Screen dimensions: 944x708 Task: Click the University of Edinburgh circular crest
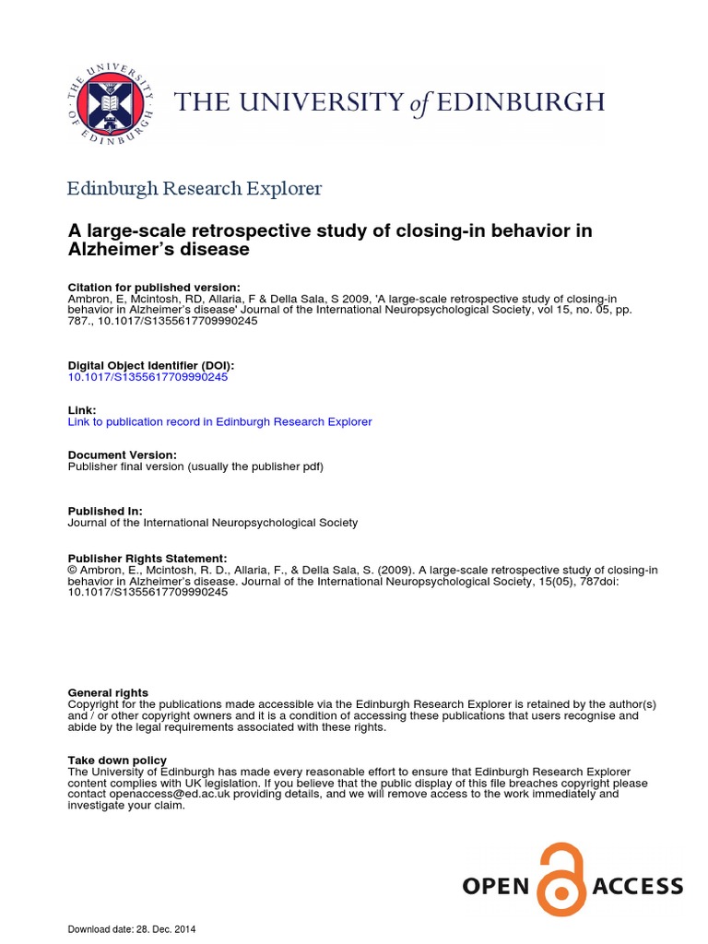pyautogui.click(x=111, y=102)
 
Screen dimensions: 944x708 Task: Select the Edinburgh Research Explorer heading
pyautogui.click(x=195, y=189)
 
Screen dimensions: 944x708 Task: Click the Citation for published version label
pyautogui.click(x=154, y=288)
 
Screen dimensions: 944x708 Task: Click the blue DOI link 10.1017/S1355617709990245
pyautogui.click(x=147, y=377)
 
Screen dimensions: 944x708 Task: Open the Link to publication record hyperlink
pyautogui.click(x=220, y=421)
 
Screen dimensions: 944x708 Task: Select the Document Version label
pyautogui.click(x=123, y=454)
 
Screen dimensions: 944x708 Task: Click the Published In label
pyautogui.click(x=105, y=511)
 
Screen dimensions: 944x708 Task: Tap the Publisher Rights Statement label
pyautogui.click(x=147, y=559)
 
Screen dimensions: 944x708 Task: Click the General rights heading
pyautogui.click(x=108, y=692)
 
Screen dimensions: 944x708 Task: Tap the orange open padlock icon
pyautogui.click(x=560, y=879)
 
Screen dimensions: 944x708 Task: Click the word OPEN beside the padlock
pyautogui.click(x=496, y=887)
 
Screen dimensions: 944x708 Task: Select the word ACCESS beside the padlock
pyautogui.click(x=638, y=887)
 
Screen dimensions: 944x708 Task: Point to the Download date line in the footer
pyautogui.click(x=132, y=929)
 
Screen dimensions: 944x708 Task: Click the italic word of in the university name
pyautogui.click(x=420, y=104)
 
